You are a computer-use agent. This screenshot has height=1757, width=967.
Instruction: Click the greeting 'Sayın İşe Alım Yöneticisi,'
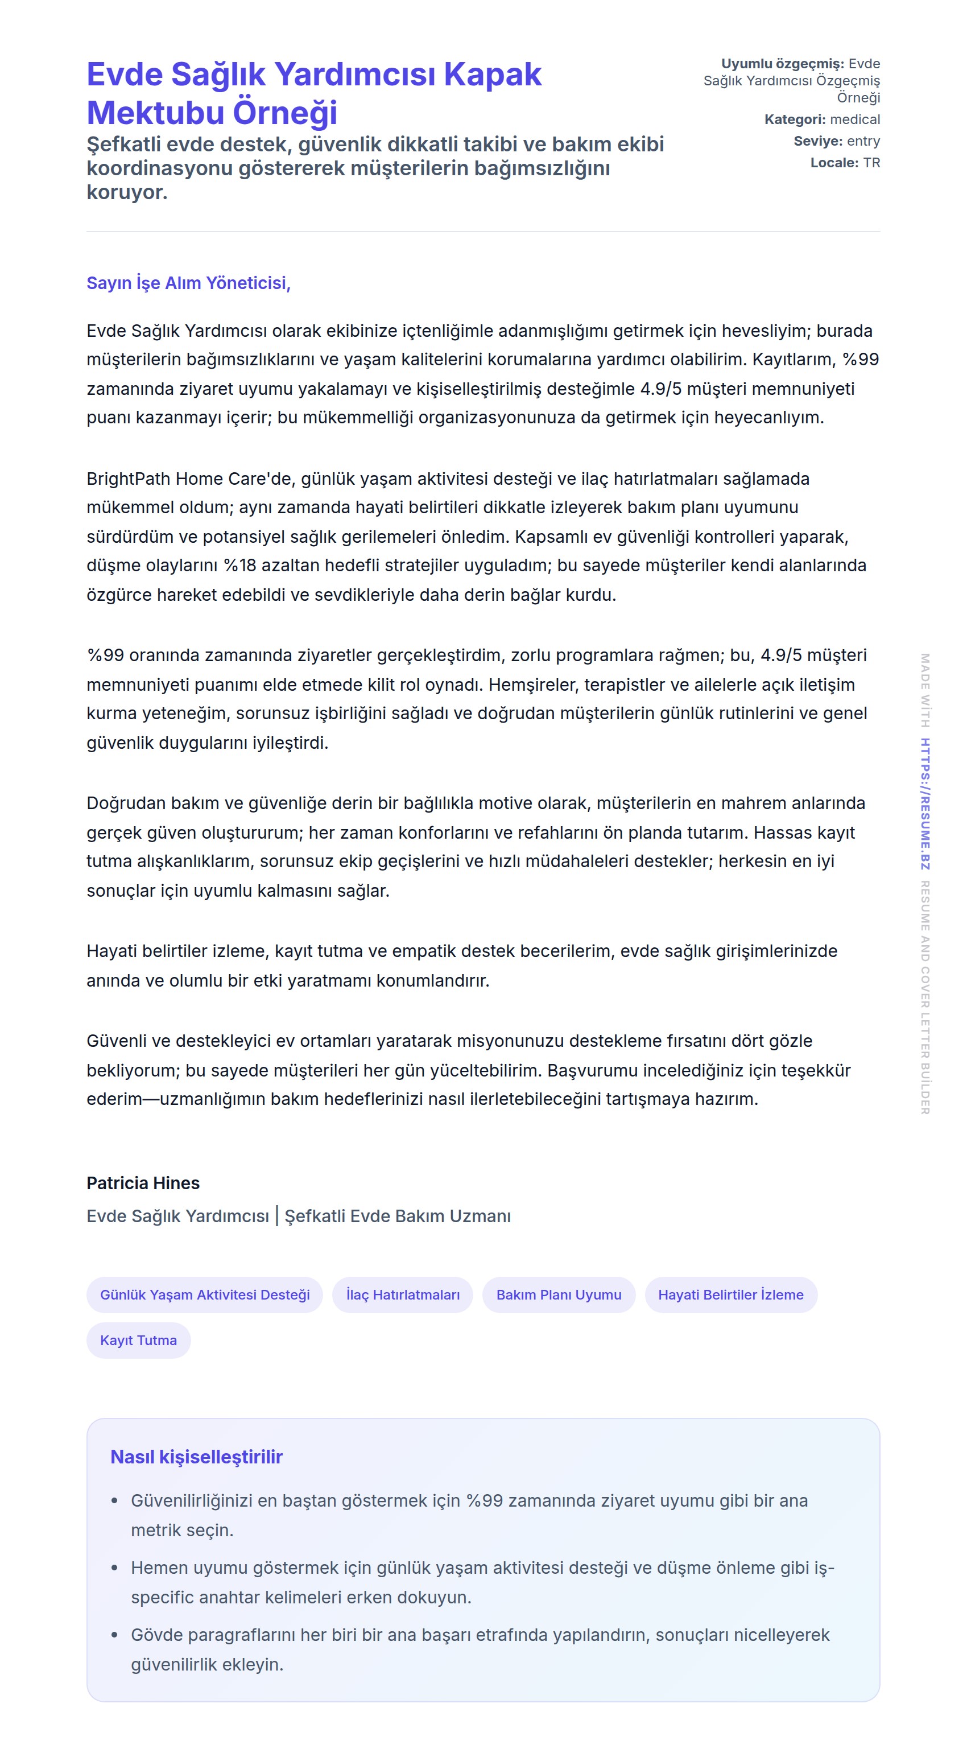coord(188,283)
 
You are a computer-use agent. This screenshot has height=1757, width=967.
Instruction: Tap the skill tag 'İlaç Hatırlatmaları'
coord(402,1294)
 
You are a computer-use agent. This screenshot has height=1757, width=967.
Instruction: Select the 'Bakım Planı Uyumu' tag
coord(559,1294)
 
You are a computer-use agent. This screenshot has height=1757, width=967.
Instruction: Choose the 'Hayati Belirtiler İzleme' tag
coord(730,1294)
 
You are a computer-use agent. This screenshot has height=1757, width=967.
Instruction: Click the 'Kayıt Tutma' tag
coord(138,1341)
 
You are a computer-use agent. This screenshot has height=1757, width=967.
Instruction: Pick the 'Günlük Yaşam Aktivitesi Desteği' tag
coord(205,1294)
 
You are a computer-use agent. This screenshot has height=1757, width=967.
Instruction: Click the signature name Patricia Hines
coord(143,1183)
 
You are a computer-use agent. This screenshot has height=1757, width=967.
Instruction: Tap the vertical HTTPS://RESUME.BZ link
coord(925,803)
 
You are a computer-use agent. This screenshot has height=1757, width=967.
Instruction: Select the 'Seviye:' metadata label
coord(817,141)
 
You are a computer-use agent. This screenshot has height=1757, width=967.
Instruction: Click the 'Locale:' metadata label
coord(834,163)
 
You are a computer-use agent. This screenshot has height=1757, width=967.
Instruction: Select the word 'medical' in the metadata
coord(855,119)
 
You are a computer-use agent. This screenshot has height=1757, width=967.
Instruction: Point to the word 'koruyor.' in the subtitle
coord(127,192)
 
